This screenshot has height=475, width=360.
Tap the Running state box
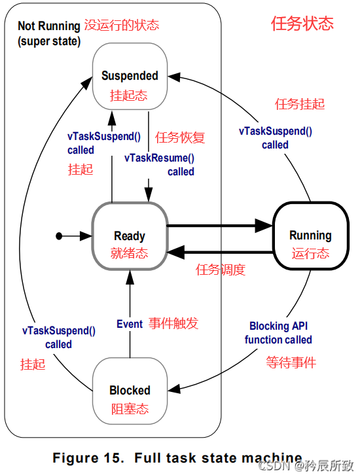tap(310, 236)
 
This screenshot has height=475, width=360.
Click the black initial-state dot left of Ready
tap(59, 235)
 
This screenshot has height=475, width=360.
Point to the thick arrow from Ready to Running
tap(219, 226)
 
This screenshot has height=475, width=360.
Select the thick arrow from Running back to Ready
tap(219, 252)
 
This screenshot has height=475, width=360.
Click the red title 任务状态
tap(302, 24)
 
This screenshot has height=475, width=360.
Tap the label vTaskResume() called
tap(159, 165)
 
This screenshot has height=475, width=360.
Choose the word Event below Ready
tap(130, 324)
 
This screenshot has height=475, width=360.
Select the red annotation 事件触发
tap(173, 324)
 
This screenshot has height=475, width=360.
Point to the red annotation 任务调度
tap(221, 270)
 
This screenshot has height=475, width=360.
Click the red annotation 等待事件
tap(291, 362)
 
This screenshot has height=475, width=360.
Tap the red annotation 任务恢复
tap(180, 137)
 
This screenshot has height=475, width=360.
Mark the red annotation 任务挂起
tap(299, 104)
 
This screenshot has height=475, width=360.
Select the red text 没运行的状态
tap(121, 26)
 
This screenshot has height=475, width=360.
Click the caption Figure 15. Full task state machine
tap(177, 457)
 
